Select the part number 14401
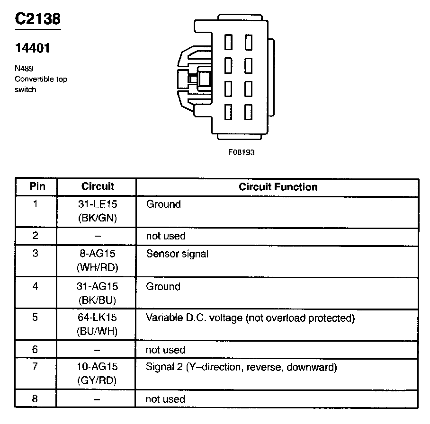pos(32,48)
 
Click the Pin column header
pos(37,186)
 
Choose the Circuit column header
pos(98,186)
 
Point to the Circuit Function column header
pos(278,186)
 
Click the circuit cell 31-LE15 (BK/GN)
pos(98,211)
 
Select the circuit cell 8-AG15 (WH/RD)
pos(98,260)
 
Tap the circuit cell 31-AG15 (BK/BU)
pos(98,293)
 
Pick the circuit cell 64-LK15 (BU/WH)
pos(98,325)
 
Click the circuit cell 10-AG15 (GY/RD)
pos(98,373)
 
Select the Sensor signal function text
pos(177,254)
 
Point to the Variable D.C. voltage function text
pos(250,318)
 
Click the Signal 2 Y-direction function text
pos(241,367)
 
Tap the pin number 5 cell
pos(36,318)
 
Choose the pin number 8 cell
pos(36,398)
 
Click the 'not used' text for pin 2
pos(165,236)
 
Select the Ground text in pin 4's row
pos(163,286)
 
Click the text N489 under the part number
pos(24,68)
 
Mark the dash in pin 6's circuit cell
pos(98,351)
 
